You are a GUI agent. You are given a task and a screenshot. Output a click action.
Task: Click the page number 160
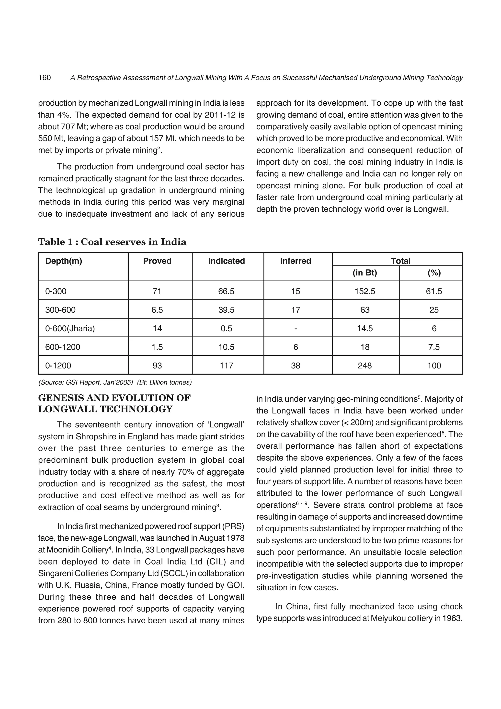click(x=45, y=78)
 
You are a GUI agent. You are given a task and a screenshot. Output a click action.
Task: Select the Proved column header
click(x=157, y=261)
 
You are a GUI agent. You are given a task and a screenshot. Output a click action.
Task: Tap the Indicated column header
click(x=226, y=261)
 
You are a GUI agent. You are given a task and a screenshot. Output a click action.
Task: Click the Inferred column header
click(x=296, y=261)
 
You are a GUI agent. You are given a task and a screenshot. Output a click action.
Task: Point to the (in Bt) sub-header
click(x=365, y=273)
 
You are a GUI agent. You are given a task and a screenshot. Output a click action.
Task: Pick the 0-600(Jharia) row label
click(x=70, y=328)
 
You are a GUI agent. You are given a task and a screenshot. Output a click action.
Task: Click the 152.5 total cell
click(x=365, y=291)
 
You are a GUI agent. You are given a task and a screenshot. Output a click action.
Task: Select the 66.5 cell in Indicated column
click(x=226, y=291)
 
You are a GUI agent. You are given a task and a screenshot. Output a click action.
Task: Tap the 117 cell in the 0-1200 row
click(x=226, y=366)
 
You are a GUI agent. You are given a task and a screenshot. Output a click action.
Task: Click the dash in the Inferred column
click(x=296, y=329)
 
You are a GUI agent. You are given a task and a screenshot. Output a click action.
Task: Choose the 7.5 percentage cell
click(x=434, y=347)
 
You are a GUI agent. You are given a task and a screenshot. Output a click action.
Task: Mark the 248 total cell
click(x=365, y=366)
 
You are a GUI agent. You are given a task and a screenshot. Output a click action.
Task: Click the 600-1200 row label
click(x=62, y=347)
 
